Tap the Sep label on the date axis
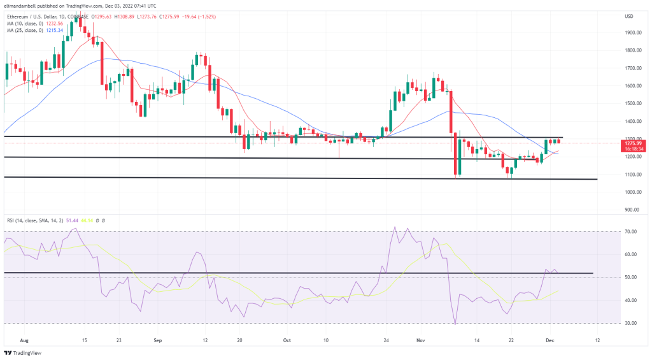coord(158,341)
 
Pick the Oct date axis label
coord(287,341)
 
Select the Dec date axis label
coord(551,341)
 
